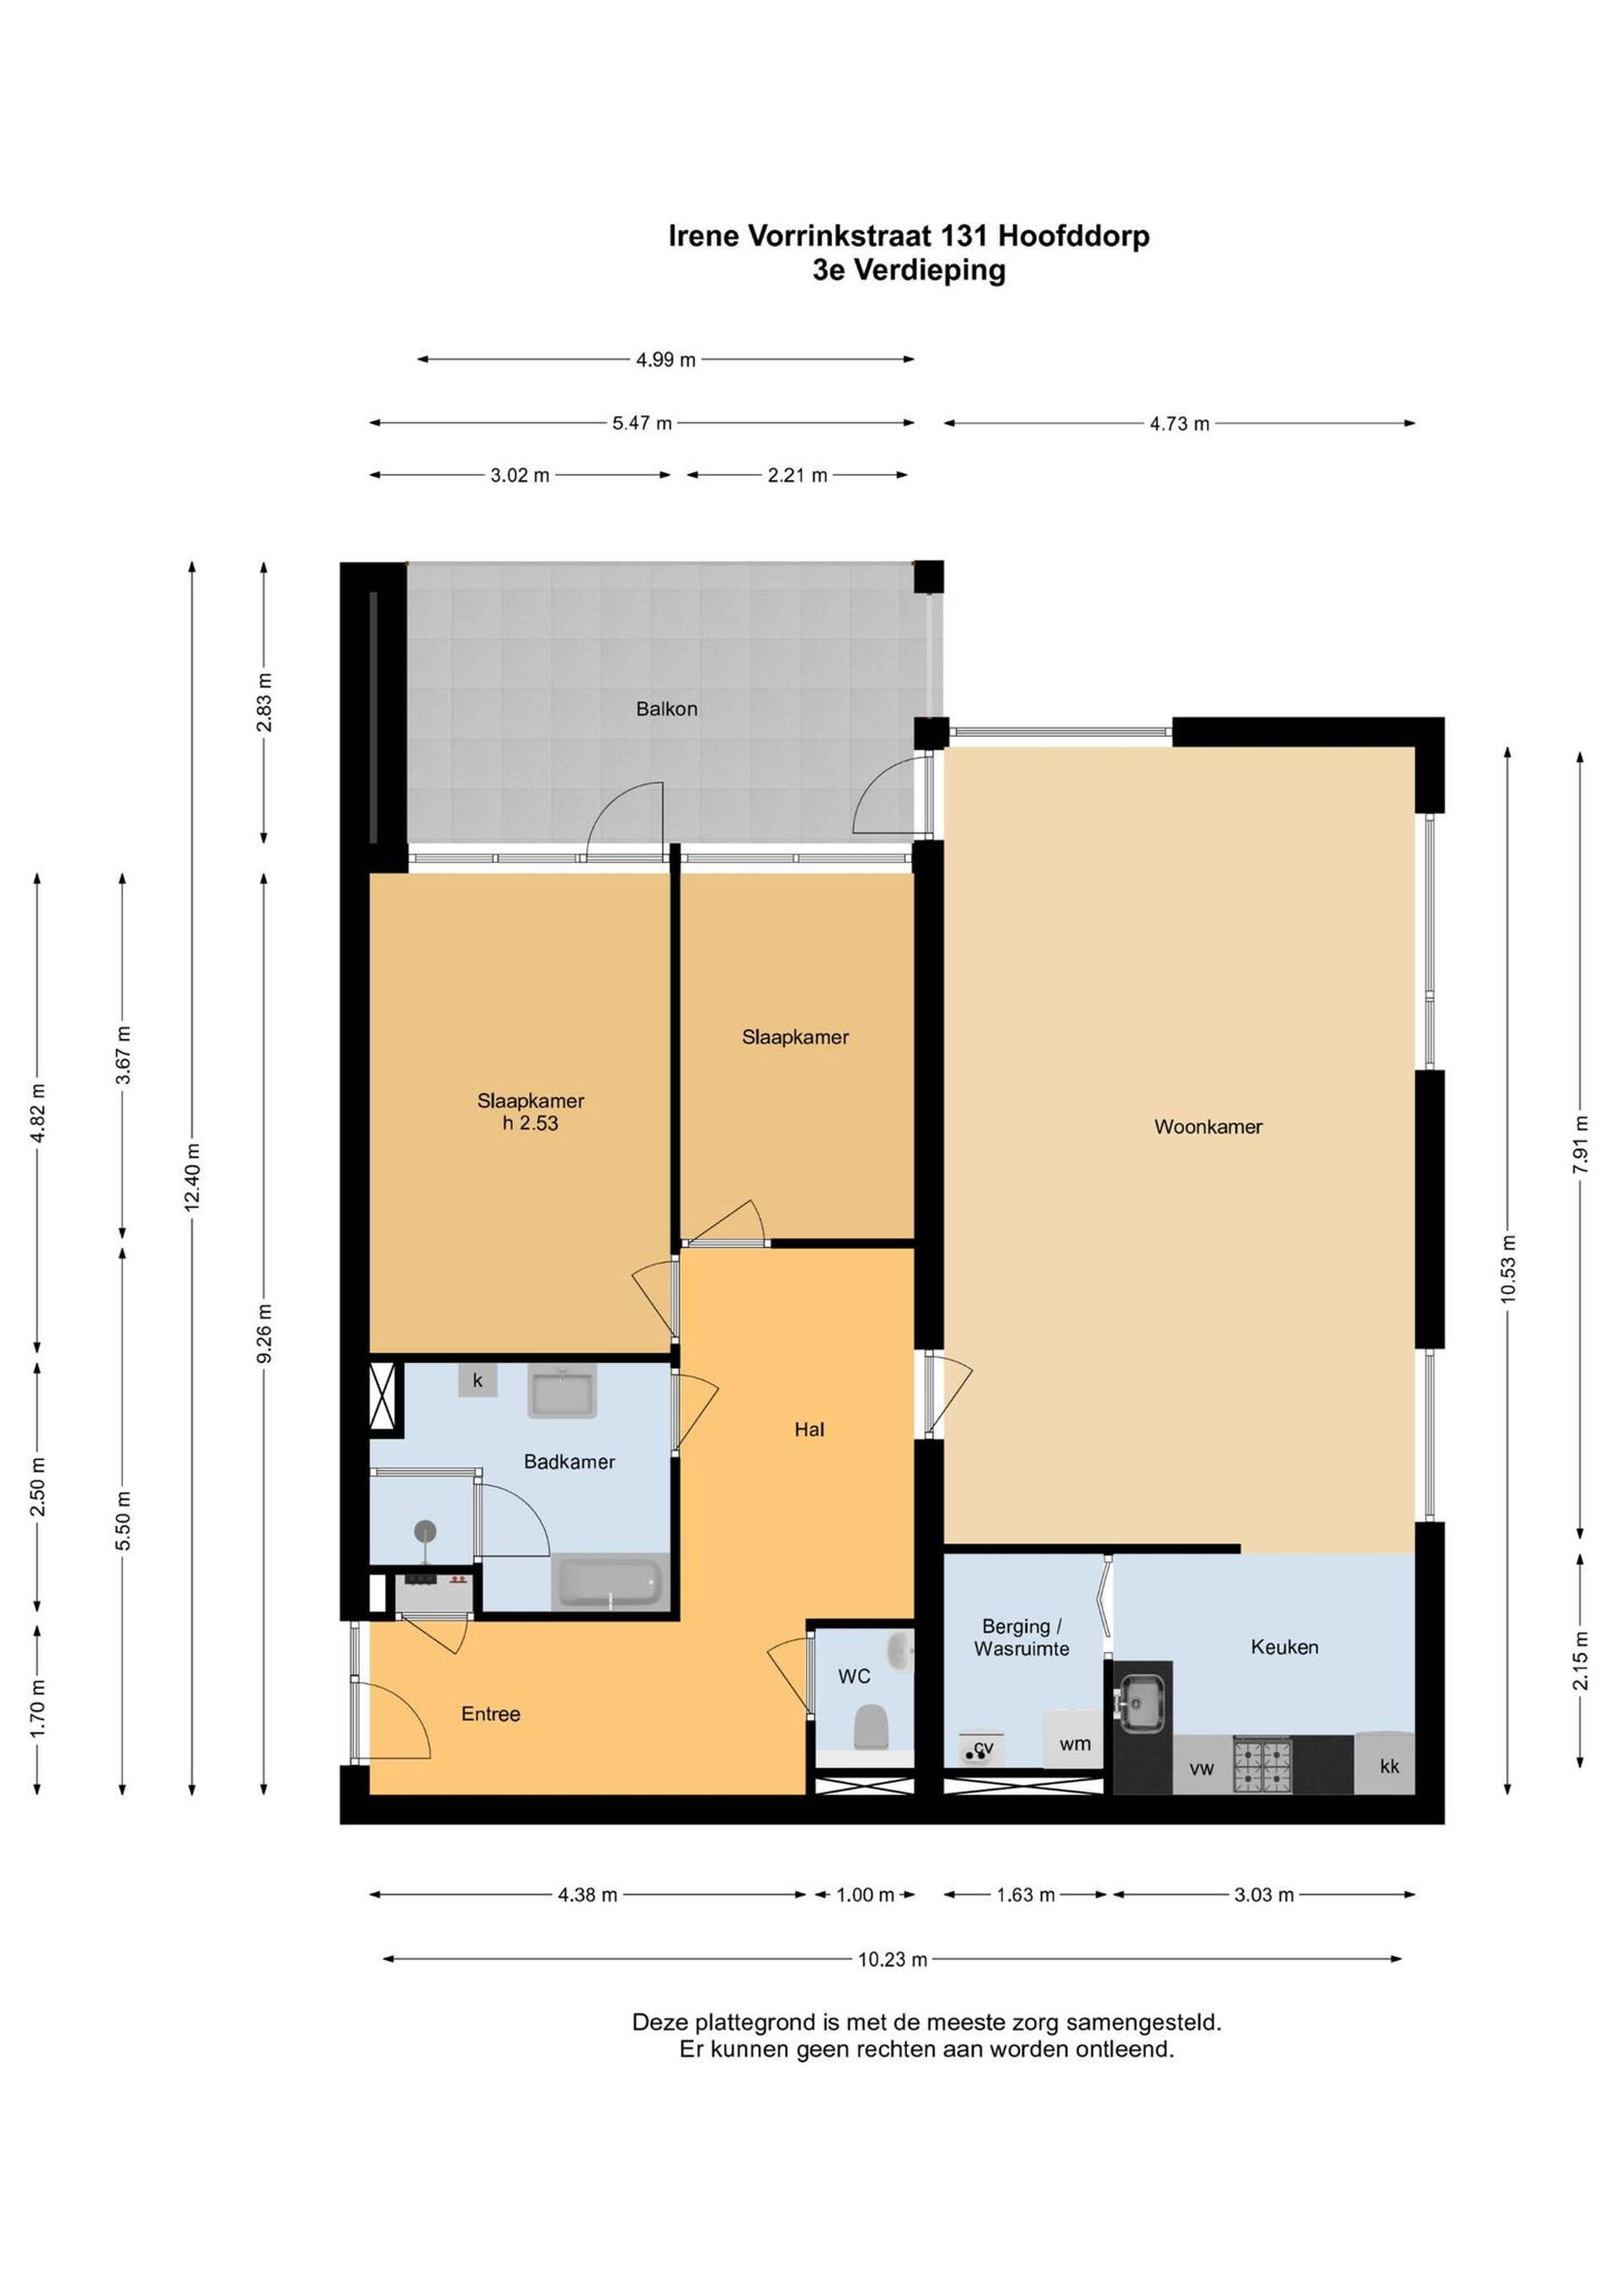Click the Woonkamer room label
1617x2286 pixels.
(x=1208, y=1127)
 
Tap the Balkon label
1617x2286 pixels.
(x=666, y=709)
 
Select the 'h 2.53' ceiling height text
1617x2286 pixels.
(x=531, y=1123)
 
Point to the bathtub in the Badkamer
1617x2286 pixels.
(x=607, y=1582)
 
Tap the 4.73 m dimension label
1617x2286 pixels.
(x=1180, y=424)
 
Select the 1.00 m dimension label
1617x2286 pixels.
(x=865, y=1894)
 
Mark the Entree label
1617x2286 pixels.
(x=491, y=1713)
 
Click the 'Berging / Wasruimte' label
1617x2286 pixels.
(x=1022, y=1637)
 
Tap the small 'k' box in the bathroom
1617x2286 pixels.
(x=478, y=1381)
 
